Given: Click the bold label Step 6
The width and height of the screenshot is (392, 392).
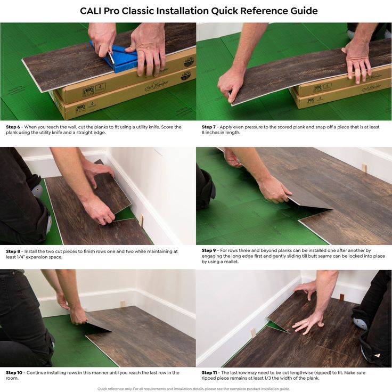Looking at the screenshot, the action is pos(13,127).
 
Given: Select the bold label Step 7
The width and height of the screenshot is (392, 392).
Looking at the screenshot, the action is pos(208,127).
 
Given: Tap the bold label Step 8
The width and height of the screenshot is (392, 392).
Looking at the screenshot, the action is pos(13,251).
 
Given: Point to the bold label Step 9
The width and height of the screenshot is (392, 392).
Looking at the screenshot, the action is pos(209,250).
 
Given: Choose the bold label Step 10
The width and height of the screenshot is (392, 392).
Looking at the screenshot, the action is pos(14,372).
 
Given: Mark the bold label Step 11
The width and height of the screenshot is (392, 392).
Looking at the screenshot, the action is pos(209,372).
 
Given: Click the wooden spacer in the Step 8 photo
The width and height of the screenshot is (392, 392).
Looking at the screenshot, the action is pos(141,221).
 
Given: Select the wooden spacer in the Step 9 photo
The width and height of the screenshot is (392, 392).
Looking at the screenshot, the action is pos(364,168).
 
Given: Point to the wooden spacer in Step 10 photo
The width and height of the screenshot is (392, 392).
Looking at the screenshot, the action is pos(123,304).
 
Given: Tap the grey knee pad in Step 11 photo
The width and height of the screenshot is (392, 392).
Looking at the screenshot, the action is pos(360,323).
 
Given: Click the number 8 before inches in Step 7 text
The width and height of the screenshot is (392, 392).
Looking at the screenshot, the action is pos(203,133).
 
